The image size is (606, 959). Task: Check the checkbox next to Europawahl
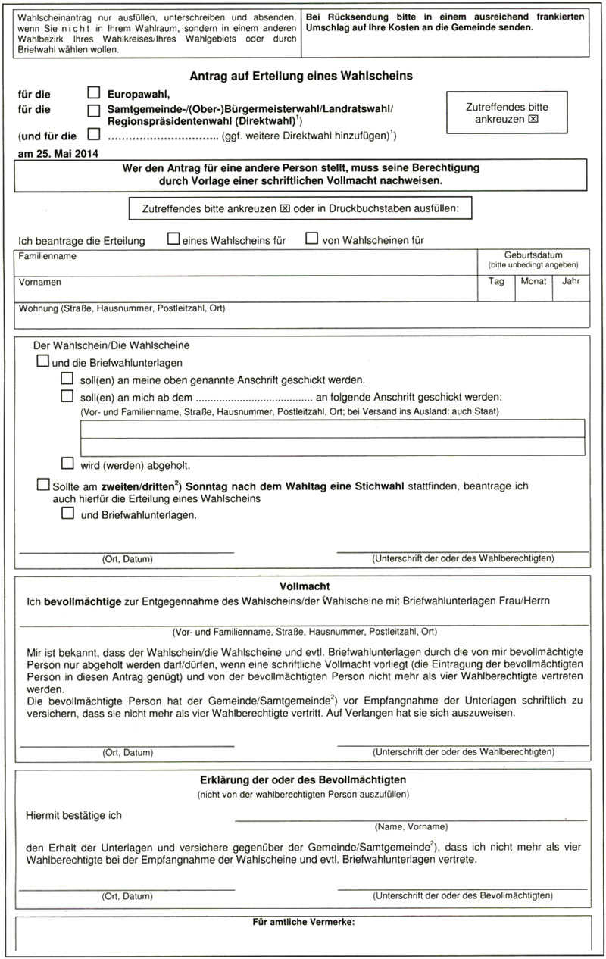click(94, 94)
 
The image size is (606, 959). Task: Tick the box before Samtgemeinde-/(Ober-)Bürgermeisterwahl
click(94, 111)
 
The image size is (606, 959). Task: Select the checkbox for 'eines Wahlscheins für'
click(173, 239)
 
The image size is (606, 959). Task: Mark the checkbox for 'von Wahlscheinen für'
click(311, 239)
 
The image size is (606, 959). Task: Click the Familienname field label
click(47, 257)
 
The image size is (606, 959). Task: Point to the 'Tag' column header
click(496, 281)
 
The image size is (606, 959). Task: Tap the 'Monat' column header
click(533, 281)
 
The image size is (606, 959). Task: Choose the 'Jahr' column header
click(570, 281)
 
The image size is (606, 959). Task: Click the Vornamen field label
click(41, 282)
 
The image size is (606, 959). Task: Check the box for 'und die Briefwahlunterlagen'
click(43, 361)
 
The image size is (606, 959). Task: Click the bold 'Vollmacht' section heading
click(304, 586)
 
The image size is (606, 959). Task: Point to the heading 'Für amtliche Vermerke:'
click(304, 922)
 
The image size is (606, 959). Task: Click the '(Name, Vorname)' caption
click(411, 826)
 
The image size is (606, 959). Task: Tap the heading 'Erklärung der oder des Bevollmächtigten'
click(304, 779)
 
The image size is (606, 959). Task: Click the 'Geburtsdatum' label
click(533, 255)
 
